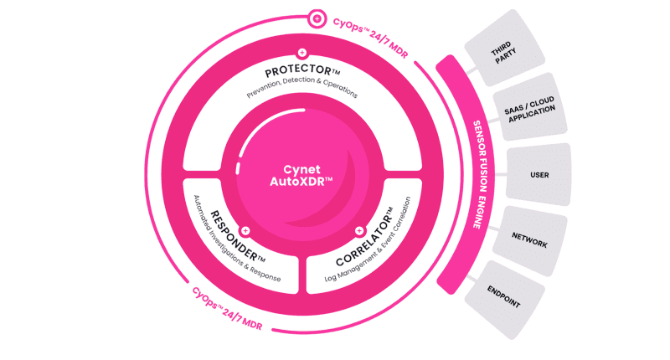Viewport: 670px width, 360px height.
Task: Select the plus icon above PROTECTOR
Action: (x=301, y=52)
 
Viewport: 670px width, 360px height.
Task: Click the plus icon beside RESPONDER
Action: (x=245, y=229)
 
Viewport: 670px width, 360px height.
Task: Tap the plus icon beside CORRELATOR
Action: (x=359, y=229)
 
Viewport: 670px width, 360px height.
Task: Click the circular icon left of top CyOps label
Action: (x=317, y=16)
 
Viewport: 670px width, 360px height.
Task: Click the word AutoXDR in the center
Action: (x=301, y=181)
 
